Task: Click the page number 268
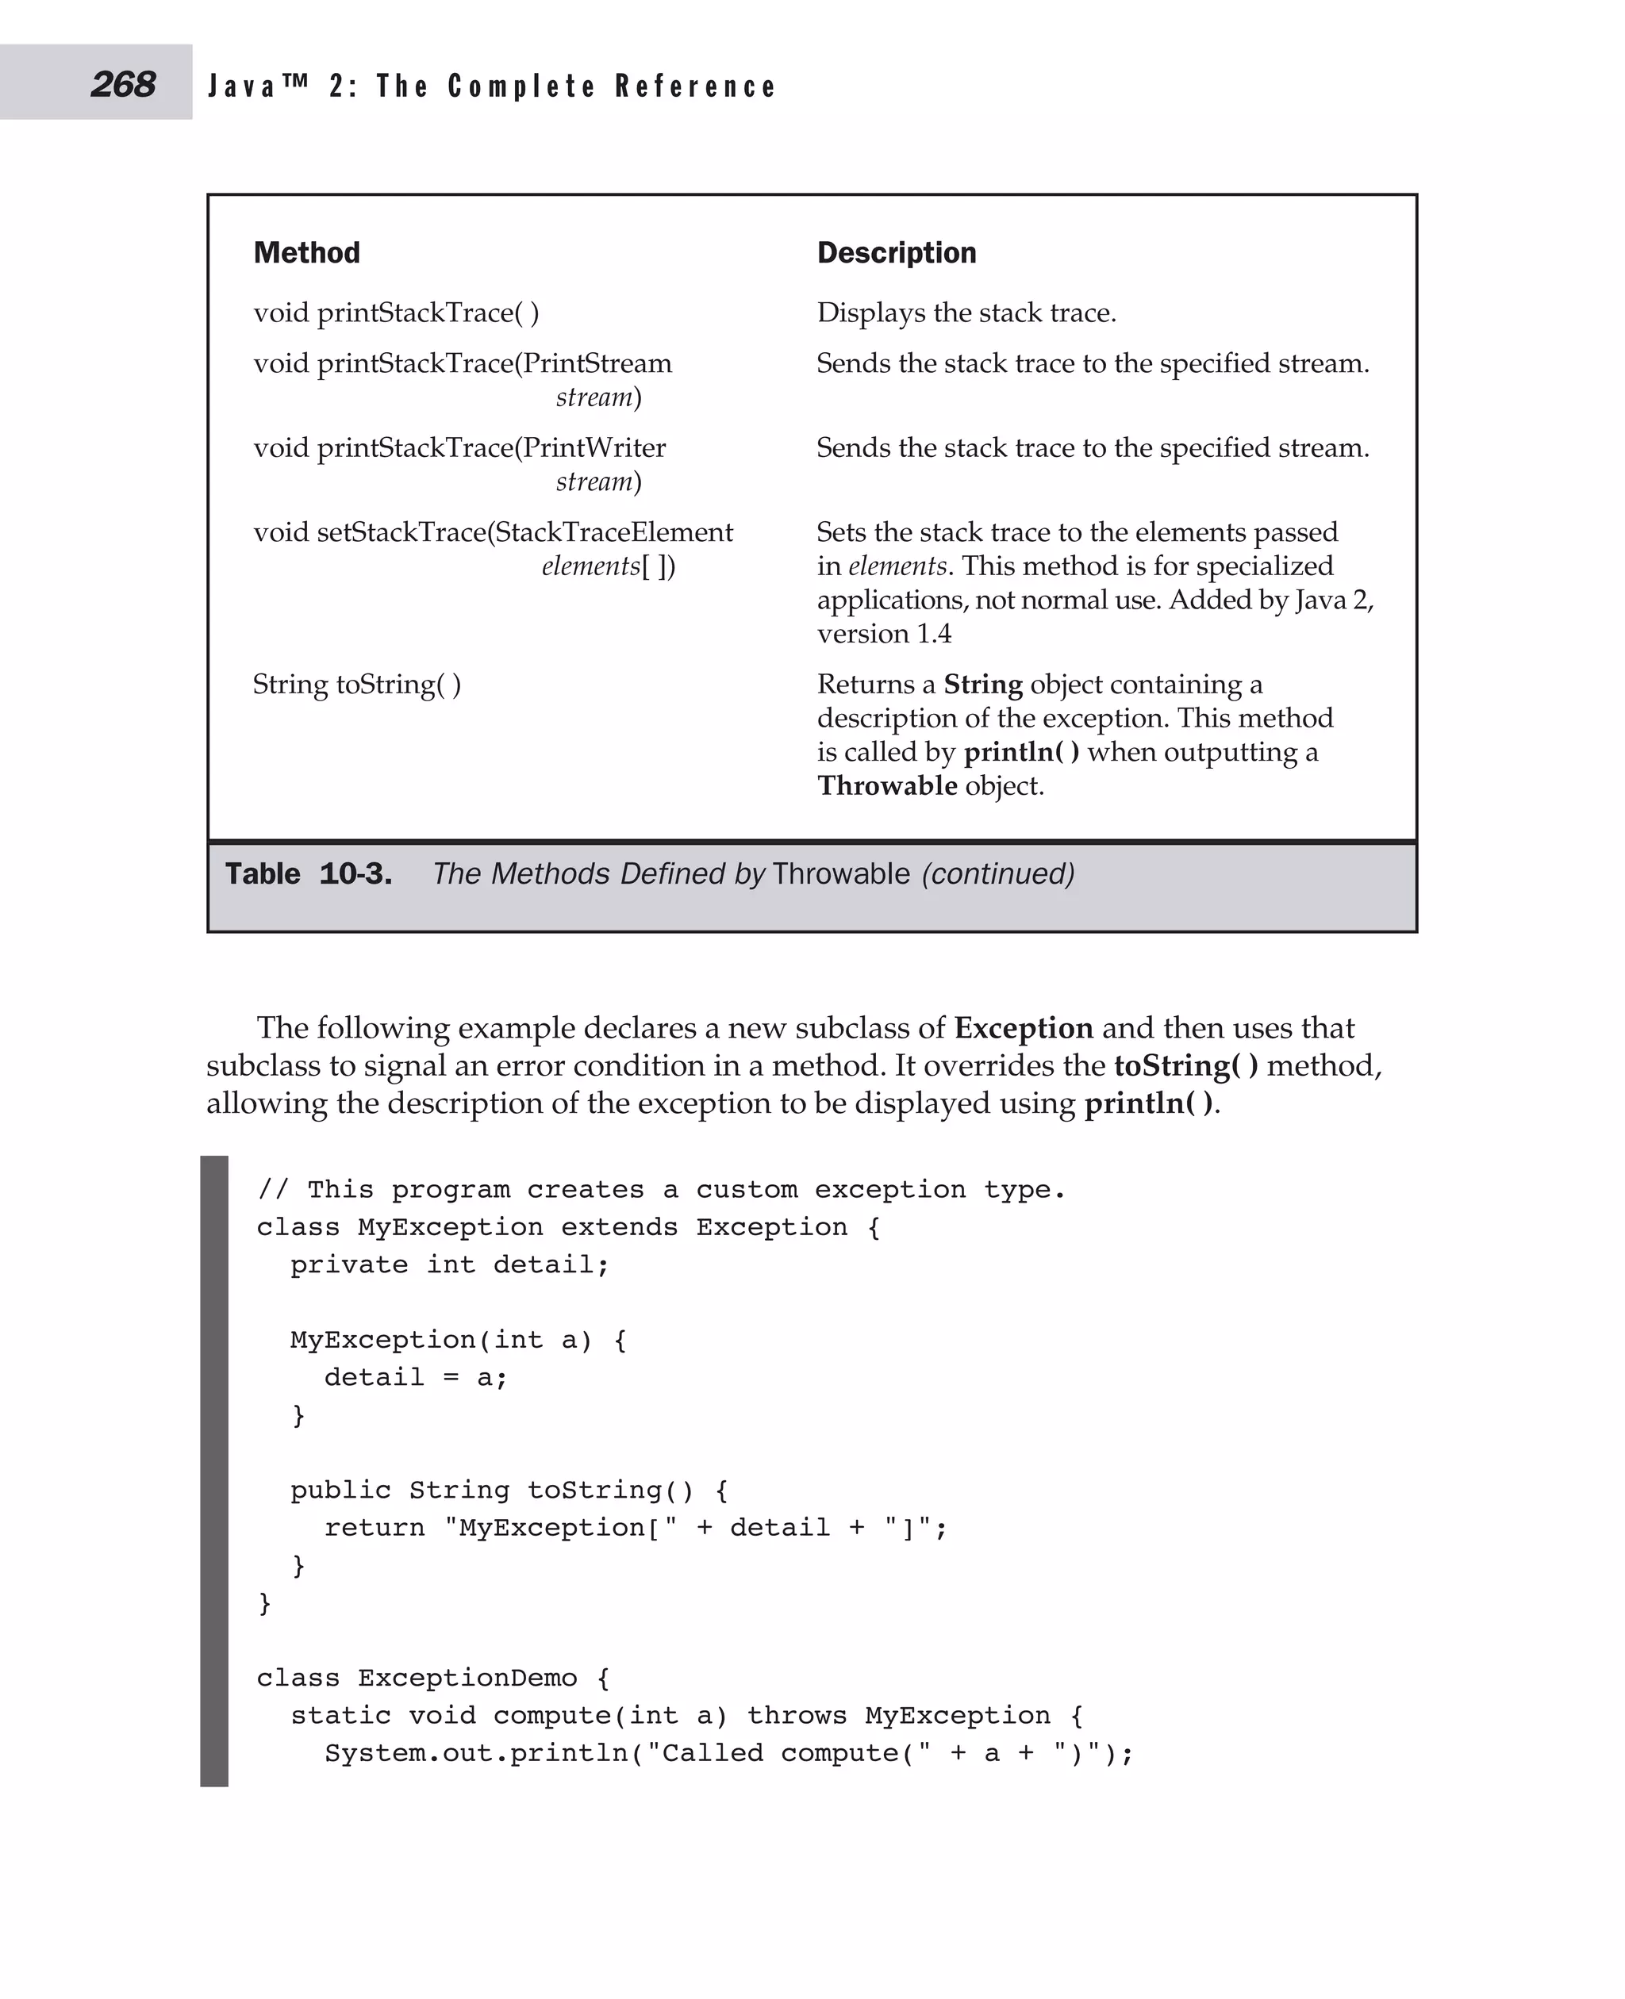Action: (123, 84)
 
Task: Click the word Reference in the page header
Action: (696, 86)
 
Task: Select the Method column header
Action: (306, 253)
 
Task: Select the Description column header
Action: (896, 253)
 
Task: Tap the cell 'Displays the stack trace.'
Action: (966, 313)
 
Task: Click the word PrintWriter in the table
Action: (594, 447)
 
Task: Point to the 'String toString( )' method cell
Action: (356, 684)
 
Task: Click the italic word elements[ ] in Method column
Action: (608, 566)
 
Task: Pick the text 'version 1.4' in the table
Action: (884, 634)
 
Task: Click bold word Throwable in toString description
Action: (886, 785)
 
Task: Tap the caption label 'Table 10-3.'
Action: (308, 873)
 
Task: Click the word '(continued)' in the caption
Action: (998, 873)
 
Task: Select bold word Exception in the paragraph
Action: (1023, 1027)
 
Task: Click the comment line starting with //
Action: (661, 1189)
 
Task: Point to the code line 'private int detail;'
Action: (449, 1264)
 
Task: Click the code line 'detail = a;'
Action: (416, 1376)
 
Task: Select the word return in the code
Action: (375, 1527)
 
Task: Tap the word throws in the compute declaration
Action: (796, 1714)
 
